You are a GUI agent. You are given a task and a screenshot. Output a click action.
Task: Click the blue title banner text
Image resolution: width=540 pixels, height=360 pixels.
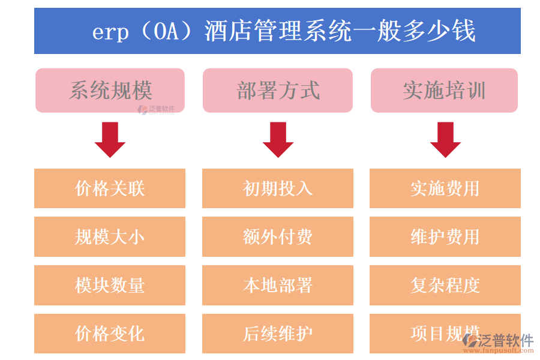click(283, 31)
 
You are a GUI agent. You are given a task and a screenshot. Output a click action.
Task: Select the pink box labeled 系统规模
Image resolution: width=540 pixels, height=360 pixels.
click(110, 91)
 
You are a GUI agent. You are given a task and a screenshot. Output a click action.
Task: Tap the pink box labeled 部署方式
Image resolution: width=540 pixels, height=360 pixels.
click(277, 91)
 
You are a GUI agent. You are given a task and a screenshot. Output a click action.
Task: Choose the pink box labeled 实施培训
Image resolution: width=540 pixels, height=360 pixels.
click(444, 91)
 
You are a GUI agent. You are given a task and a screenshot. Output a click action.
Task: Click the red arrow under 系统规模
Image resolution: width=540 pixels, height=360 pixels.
click(110, 139)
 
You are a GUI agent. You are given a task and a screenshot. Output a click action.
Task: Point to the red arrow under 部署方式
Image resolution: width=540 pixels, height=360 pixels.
click(278, 139)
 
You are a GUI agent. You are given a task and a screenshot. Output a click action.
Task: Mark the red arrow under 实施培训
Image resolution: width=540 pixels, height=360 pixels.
click(445, 139)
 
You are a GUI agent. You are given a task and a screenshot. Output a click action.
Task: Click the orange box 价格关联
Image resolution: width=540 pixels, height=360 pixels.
click(110, 188)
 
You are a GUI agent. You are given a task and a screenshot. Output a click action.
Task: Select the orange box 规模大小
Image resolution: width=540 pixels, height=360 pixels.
click(110, 237)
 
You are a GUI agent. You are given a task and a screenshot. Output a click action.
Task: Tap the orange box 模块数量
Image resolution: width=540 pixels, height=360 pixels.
click(110, 285)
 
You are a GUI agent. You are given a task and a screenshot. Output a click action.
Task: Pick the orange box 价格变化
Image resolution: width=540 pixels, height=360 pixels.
click(110, 334)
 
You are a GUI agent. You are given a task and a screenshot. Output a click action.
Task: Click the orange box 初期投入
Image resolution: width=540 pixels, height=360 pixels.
click(278, 188)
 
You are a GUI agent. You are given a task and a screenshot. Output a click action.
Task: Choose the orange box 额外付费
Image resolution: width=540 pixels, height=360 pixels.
click(278, 237)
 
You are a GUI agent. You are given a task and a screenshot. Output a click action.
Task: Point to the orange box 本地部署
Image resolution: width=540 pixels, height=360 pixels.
click(278, 285)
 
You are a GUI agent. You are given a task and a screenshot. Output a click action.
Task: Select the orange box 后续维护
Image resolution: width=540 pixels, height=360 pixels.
click(278, 334)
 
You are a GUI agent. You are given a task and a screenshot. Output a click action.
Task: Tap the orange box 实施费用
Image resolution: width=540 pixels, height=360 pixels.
click(445, 188)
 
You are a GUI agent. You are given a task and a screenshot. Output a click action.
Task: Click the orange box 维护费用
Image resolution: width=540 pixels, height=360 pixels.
click(445, 237)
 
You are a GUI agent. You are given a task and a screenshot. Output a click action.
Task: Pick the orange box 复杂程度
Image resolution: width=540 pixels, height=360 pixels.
click(445, 285)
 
